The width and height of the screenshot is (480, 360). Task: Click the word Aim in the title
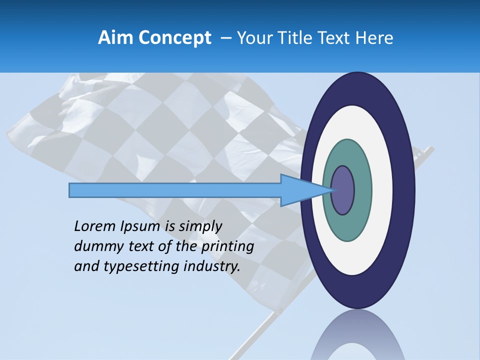pyautogui.click(x=115, y=38)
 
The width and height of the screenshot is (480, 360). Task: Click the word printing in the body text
pyautogui.click(x=227, y=246)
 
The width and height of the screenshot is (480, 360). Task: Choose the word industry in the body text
pyautogui.click(x=212, y=266)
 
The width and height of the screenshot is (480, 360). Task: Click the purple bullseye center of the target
pyautogui.click(x=343, y=190)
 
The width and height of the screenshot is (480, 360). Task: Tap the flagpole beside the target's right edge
pyautogui.click(x=425, y=152)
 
